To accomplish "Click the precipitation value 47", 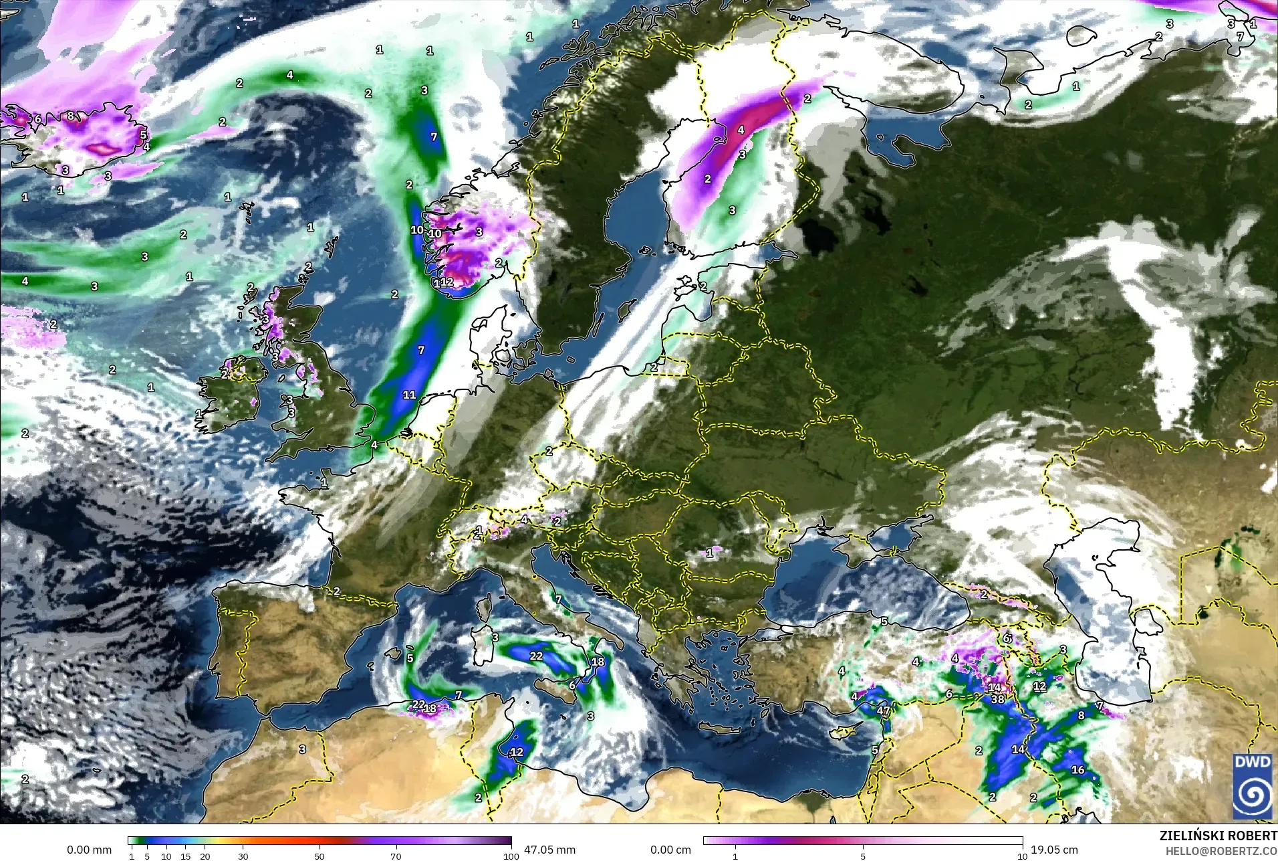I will pos(884,711).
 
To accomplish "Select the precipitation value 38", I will pos(997,699).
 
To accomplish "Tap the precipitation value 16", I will pos(1077,770).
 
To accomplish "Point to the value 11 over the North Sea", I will pos(409,395).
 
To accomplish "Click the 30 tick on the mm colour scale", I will pos(243,856).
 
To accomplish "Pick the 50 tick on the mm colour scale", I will pos(319,856).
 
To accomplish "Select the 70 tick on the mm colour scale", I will pos(396,856).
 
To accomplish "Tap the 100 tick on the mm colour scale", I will pos(511,856).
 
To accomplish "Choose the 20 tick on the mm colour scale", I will pos(205,856).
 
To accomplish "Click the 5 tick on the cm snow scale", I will pos(863,856).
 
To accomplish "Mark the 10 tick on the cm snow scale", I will pos(1022,856).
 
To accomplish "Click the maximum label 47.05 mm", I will pos(549,850).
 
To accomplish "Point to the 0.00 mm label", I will pos(89,850).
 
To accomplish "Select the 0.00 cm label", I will pos(670,850).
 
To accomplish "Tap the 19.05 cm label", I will pos(1054,850).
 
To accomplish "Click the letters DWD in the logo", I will pos(1253,763).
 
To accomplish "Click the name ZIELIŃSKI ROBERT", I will pos(1219,836).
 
